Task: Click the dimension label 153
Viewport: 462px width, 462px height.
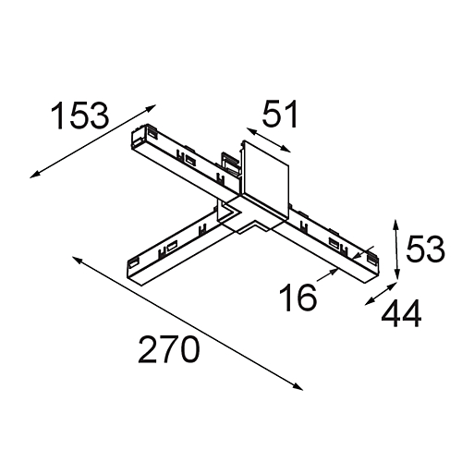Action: point(79,115)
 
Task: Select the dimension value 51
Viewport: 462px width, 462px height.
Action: point(280,114)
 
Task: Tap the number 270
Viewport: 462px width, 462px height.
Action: point(168,349)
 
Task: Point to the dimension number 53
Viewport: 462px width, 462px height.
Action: point(425,249)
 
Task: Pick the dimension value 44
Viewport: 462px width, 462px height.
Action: point(401,314)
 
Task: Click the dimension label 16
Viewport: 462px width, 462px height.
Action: point(298,298)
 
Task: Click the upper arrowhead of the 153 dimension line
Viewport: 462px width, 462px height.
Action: point(152,107)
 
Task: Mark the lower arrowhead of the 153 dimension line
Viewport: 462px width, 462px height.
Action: point(34,176)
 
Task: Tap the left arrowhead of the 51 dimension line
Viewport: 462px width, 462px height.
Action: point(250,131)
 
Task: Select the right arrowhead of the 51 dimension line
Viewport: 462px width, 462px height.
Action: point(286,150)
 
